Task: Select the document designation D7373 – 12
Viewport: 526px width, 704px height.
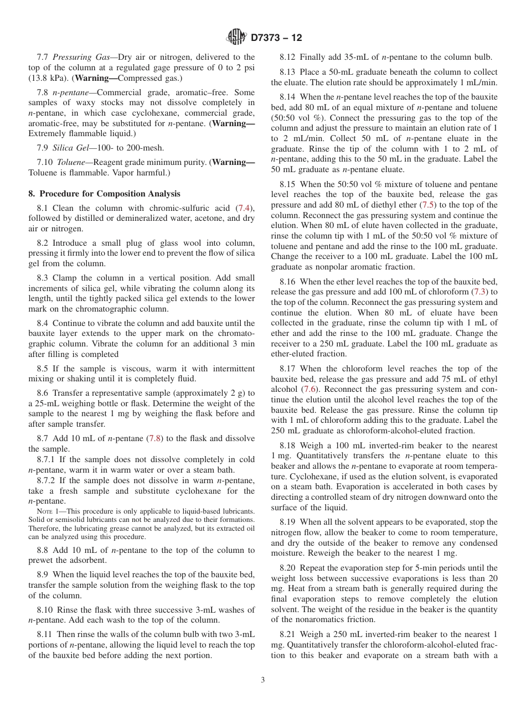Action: pyautogui.click(x=276, y=38)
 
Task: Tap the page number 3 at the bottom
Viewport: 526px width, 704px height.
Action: pyautogui.click(x=262, y=680)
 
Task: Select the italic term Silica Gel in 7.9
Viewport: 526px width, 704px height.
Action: pyautogui.click(x=72, y=148)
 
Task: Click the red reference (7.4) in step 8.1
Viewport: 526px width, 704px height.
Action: pyautogui.click(x=244, y=208)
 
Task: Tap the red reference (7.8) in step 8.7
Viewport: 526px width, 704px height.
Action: pyautogui.click(x=155, y=438)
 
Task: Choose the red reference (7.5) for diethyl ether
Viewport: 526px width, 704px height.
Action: pyautogui.click(x=430, y=205)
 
